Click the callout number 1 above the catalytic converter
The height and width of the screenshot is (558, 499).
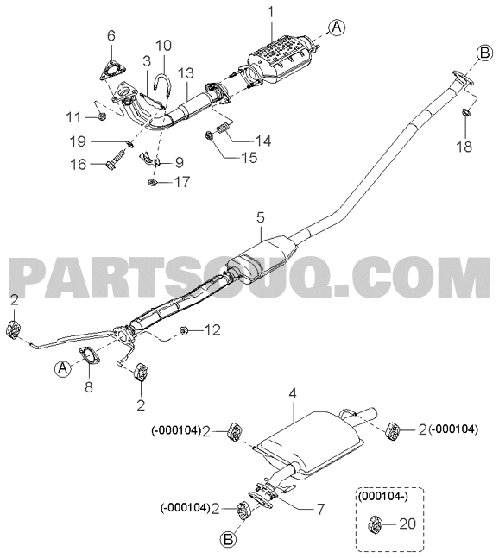coord(271,12)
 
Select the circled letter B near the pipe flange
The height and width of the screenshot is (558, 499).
coord(484,53)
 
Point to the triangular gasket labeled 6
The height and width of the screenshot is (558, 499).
coord(110,70)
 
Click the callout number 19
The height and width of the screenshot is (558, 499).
coord(78,141)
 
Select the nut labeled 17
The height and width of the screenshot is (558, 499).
coord(152,183)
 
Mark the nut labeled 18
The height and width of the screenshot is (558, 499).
coord(465,113)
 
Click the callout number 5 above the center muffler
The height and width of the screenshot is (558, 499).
coord(261,218)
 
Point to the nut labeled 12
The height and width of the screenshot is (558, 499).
coord(184,330)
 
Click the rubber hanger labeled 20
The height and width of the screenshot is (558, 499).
coord(375,524)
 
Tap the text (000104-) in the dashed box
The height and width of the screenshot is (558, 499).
coord(383,495)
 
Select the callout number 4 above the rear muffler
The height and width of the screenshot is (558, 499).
coord(293,394)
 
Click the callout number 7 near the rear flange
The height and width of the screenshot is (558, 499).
coord(320,509)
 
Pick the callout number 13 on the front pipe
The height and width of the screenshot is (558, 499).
coord(186,73)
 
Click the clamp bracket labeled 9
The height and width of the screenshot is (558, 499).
coord(148,160)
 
